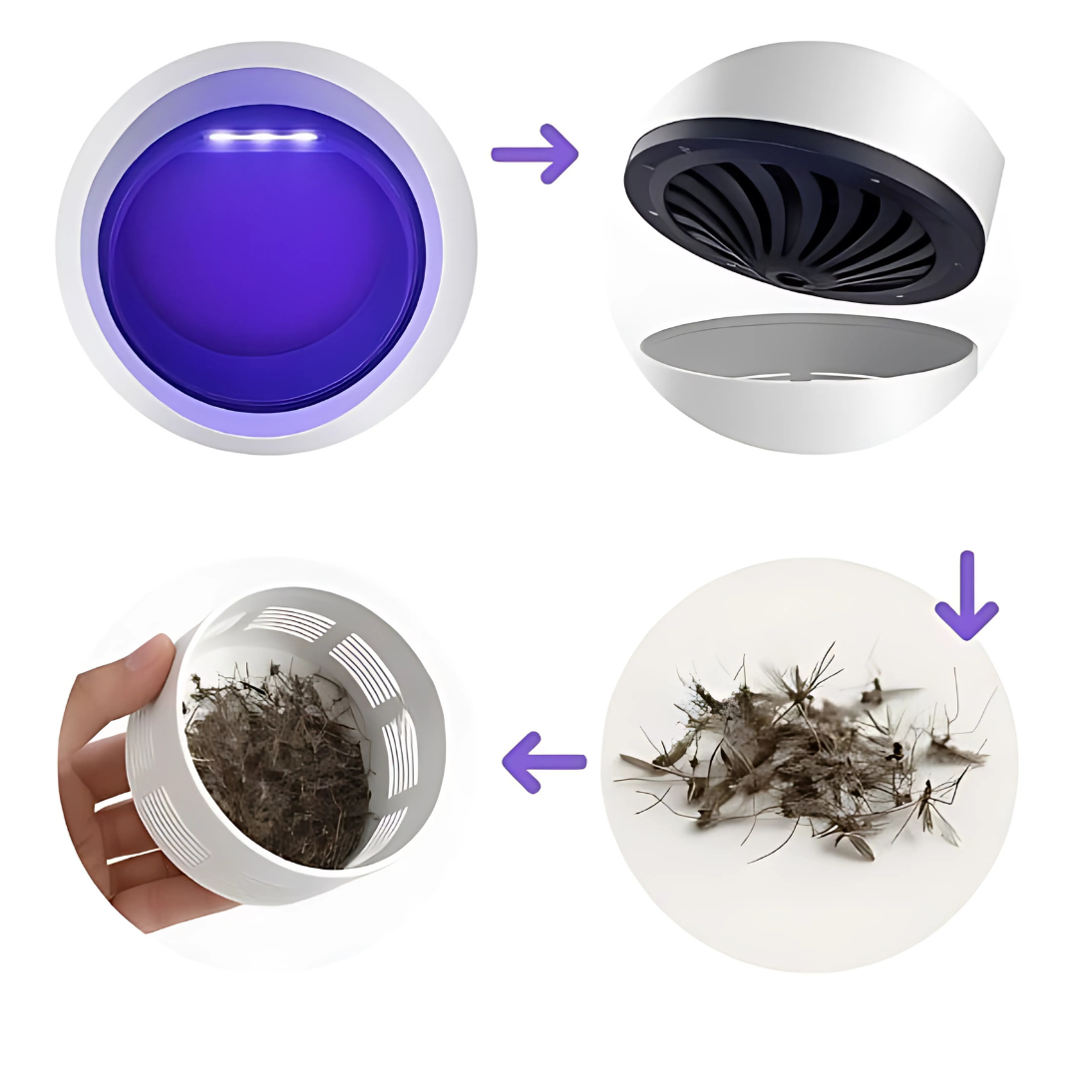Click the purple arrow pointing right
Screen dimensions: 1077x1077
(x=535, y=154)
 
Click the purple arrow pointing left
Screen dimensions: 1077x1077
(x=544, y=762)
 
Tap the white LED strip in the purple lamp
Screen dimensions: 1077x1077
(x=263, y=138)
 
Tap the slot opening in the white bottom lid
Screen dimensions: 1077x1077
(x=798, y=376)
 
